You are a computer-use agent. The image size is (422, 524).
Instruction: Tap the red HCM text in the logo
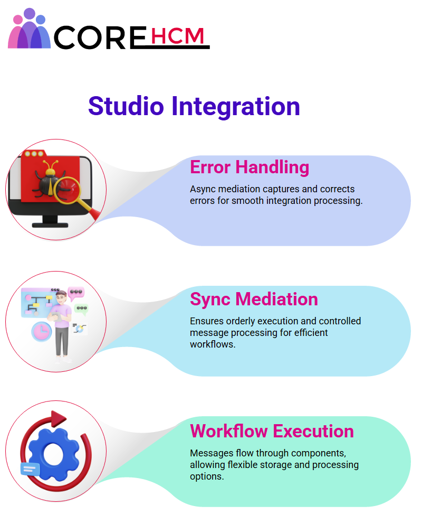click(x=177, y=36)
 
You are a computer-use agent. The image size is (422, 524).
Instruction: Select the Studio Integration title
click(x=194, y=106)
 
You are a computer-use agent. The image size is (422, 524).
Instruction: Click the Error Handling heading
click(x=250, y=167)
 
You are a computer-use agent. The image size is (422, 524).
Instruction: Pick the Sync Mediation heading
click(x=254, y=299)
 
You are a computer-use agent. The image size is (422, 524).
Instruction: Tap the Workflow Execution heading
click(x=272, y=431)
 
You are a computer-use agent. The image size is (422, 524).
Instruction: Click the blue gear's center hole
click(x=53, y=454)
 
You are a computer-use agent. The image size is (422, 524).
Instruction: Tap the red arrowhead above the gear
click(x=58, y=418)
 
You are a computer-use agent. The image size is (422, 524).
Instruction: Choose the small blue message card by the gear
click(x=30, y=469)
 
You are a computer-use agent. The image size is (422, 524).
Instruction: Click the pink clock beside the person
click(x=41, y=332)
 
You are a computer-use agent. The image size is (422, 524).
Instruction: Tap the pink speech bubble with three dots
click(x=76, y=293)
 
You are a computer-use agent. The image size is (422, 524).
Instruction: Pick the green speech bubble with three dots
click(x=82, y=309)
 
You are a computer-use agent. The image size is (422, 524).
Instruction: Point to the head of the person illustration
click(x=61, y=296)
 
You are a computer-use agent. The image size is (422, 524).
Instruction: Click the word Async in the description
click(x=202, y=190)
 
